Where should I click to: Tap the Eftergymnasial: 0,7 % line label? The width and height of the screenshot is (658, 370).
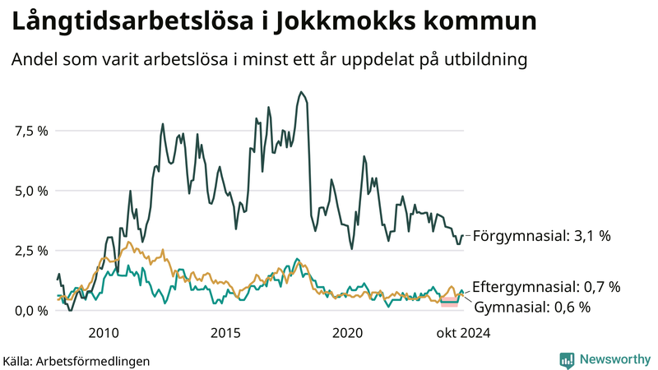click(x=546, y=287)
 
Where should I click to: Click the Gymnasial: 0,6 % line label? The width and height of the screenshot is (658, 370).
click(x=532, y=308)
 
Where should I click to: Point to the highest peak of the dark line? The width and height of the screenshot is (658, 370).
click(x=302, y=92)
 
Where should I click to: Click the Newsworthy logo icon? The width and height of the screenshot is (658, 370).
click(x=567, y=359)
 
